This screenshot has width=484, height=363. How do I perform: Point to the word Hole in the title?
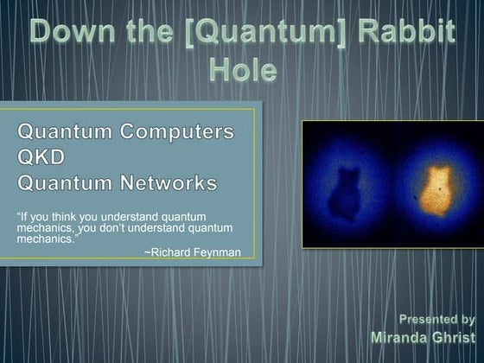pos(243,70)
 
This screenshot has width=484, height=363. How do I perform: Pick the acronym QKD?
pos(41,159)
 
